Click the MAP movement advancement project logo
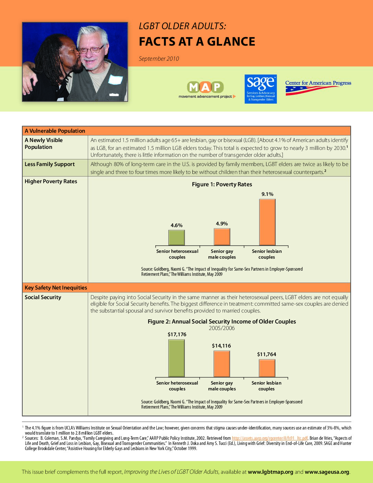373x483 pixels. (206, 90)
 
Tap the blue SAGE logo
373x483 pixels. (261, 89)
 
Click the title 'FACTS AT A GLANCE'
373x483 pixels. (197, 42)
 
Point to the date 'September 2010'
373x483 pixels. (159, 59)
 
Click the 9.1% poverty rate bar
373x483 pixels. (267, 222)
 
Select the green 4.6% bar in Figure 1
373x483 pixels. (177, 237)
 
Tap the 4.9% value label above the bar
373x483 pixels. (222, 224)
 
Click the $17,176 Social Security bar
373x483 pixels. (177, 358)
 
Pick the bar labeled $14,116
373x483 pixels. (222, 364)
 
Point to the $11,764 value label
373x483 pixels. (266, 354)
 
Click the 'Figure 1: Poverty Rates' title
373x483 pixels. (222, 184)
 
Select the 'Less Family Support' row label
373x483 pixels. (50, 164)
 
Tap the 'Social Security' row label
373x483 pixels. (43, 297)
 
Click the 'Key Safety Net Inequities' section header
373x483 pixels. (56, 287)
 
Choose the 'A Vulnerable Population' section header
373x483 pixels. (55, 131)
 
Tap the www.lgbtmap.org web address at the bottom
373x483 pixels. (270, 472)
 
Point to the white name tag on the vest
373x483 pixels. (116, 79)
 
